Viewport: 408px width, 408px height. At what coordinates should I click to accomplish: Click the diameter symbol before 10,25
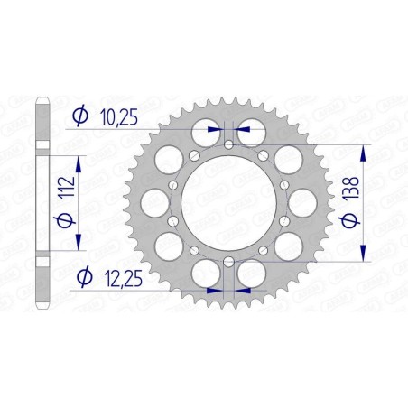(79, 115)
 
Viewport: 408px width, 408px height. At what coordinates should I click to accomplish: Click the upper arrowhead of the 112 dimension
(79, 157)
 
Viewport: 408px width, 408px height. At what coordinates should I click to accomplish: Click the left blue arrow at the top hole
(215, 130)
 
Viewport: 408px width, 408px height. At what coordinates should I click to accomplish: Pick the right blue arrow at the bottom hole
(242, 292)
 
